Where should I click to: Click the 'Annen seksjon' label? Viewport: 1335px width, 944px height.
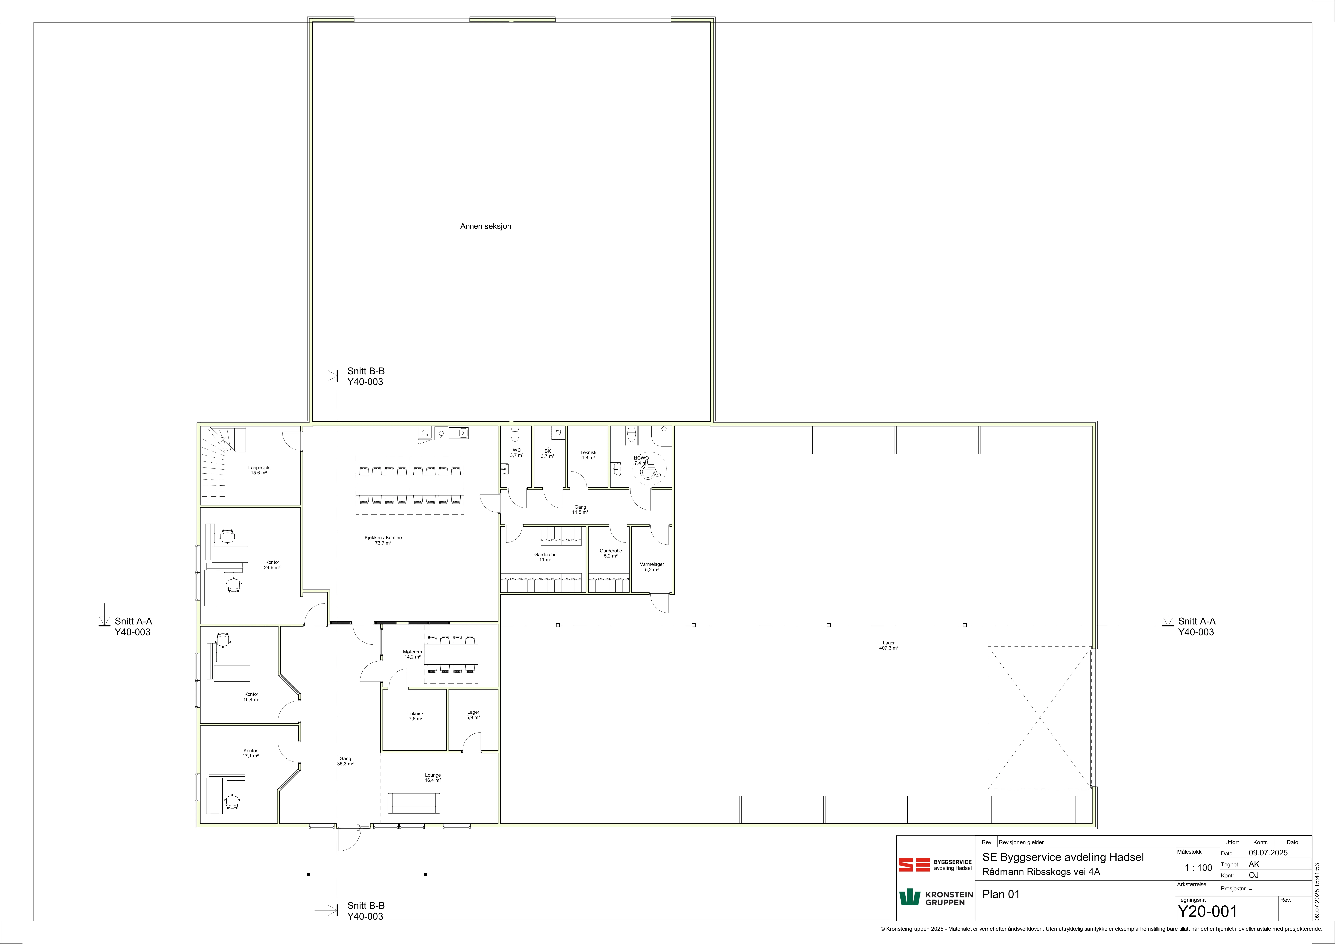coord(486,226)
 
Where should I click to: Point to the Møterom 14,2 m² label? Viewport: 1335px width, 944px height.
coord(412,654)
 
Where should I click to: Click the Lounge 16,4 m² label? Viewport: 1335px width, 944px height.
coord(433,777)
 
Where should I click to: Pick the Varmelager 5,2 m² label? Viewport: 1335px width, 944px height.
coord(652,567)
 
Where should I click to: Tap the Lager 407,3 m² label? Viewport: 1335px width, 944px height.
coord(888,645)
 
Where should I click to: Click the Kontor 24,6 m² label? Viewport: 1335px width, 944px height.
coord(272,564)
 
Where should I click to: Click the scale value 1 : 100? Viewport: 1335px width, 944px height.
coord(1198,868)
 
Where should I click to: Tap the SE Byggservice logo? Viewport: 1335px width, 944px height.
coord(935,865)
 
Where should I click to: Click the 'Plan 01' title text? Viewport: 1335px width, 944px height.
coord(1001,894)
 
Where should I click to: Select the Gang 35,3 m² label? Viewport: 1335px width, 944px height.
coord(345,761)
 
